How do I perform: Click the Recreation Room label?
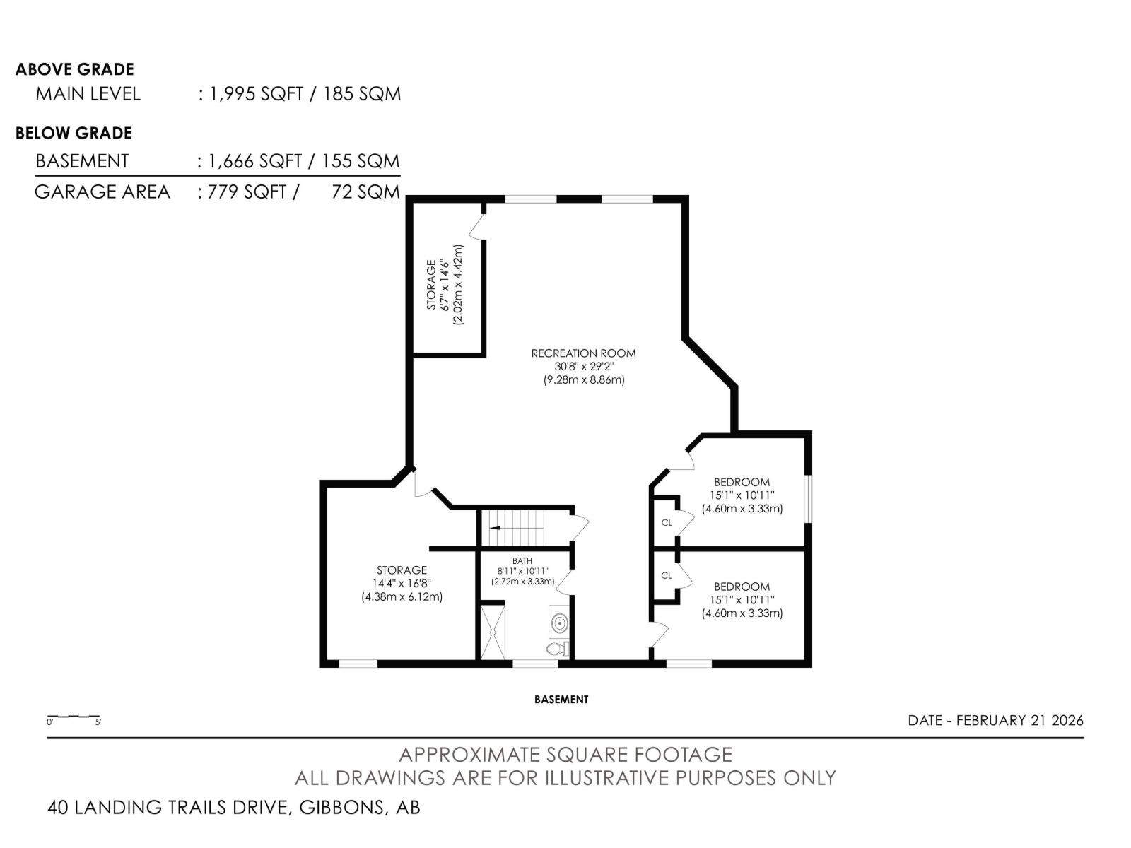pyautogui.click(x=582, y=353)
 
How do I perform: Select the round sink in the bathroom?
pyautogui.click(x=559, y=623)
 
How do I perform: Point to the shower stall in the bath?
pyautogui.click(x=492, y=632)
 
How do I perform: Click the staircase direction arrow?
pyautogui.click(x=496, y=528)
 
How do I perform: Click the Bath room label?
pyautogui.click(x=522, y=560)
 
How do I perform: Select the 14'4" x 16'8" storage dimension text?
pyautogui.click(x=402, y=584)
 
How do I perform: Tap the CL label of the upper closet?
pyautogui.click(x=667, y=523)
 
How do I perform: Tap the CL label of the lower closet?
pyautogui.click(x=667, y=575)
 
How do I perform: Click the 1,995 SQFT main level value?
pyautogui.click(x=257, y=94)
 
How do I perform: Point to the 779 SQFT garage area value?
pyautogui.click(x=247, y=192)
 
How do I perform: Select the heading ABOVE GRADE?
pyautogui.click(x=75, y=69)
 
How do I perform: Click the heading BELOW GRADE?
pyautogui.click(x=74, y=134)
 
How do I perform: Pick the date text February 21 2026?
pyautogui.click(x=1020, y=720)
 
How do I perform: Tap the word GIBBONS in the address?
pyautogui.click(x=342, y=807)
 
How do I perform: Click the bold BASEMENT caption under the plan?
pyautogui.click(x=561, y=699)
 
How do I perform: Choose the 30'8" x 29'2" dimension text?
pyautogui.click(x=584, y=367)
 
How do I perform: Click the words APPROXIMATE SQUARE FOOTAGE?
pyautogui.click(x=565, y=755)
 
